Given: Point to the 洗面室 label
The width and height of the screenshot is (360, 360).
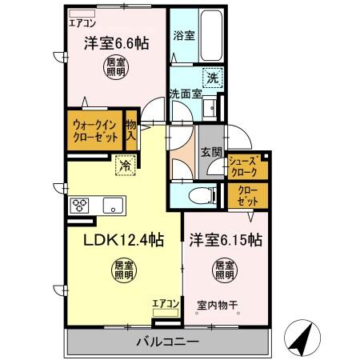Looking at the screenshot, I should pos(186,95).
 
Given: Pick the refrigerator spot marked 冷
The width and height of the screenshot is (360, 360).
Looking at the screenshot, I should pos(125,166).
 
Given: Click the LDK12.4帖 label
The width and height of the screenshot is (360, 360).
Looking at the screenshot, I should pos(121,239).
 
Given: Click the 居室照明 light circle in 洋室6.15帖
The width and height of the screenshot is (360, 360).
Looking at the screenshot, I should pos(225,270).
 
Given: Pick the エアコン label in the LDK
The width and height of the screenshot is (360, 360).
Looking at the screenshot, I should pos(166,302).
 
